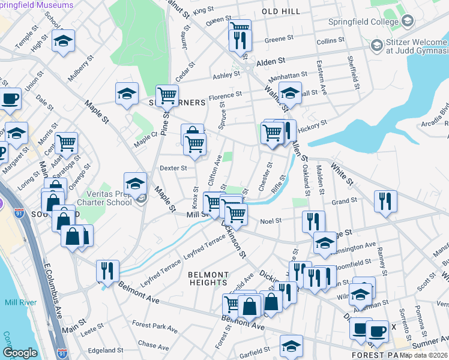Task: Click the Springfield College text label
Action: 362,22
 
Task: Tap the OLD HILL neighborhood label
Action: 282,12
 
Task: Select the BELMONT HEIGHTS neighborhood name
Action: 208,278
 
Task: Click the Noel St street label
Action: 271,221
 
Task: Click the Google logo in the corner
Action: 20,353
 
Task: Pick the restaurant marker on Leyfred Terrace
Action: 107,271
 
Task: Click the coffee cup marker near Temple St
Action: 10,99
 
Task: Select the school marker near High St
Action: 63,42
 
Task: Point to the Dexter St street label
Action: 173,169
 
